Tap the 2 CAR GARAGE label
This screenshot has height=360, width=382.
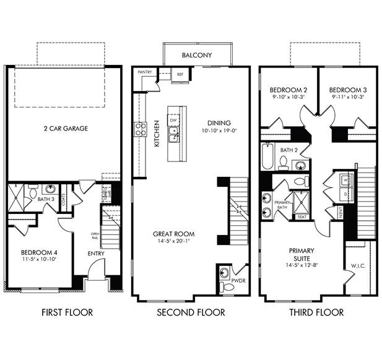pos(65,129)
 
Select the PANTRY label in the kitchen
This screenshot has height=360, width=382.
pos(145,72)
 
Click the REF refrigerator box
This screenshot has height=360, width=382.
pos(180,74)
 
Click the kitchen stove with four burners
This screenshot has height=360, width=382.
pos(141,129)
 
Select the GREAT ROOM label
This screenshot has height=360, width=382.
pos(173,234)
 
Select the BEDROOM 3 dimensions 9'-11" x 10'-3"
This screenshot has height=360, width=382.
pos(348,97)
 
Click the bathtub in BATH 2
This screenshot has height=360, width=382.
pos(267,157)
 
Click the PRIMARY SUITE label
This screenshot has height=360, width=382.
pos(302,255)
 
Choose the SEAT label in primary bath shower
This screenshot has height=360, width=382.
pos(302,216)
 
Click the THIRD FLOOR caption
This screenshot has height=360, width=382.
pos(316,312)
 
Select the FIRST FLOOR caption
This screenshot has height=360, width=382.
pos(67,312)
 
